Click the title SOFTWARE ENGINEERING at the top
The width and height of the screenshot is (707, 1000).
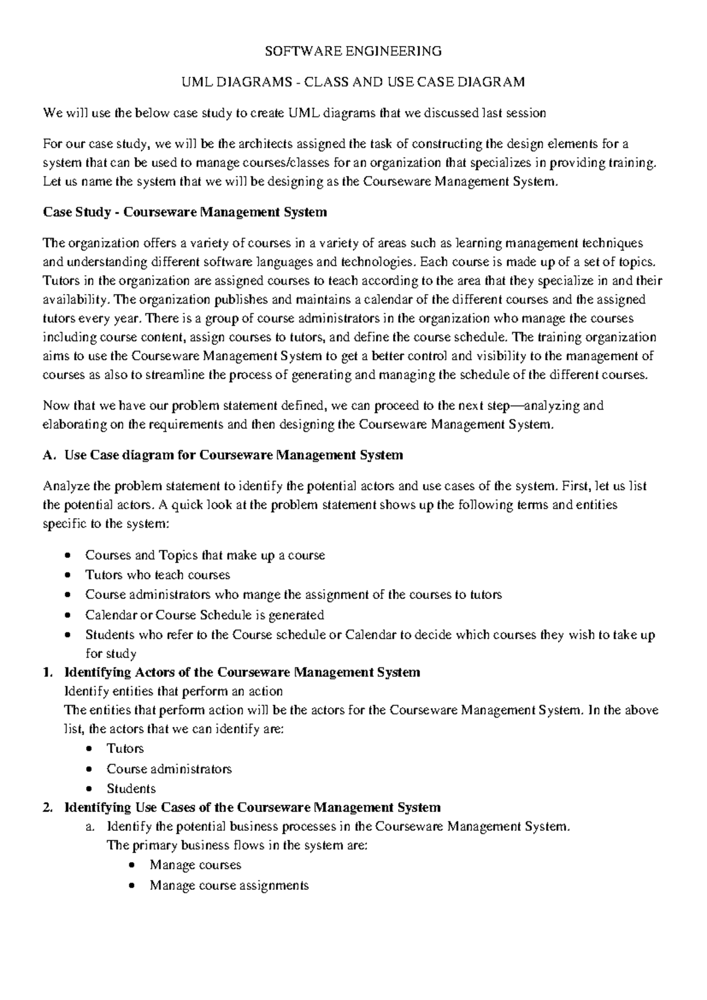(x=353, y=51)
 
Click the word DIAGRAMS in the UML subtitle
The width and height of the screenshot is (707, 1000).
(x=255, y=82)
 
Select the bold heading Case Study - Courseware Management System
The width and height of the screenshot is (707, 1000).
(x=185, y=212)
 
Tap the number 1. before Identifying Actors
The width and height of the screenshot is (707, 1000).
(x=49, y=672)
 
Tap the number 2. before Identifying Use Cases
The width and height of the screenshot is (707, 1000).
(x=49, y=807)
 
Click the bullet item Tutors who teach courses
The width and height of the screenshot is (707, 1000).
(x=157, y=575)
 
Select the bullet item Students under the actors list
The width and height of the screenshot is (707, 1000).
(x=131, y=789)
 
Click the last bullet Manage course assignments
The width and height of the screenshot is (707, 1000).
(x=229, y=886)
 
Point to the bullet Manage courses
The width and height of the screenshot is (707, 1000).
(x=196, y=865)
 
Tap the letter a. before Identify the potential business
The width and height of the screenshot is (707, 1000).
(x=90, y=827)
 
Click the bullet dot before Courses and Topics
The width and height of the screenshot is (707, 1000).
(x=70, y=555)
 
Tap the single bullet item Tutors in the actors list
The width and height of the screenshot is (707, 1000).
(x=125, y=749)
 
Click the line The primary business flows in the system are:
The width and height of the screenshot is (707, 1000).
(x=237, y=846)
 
